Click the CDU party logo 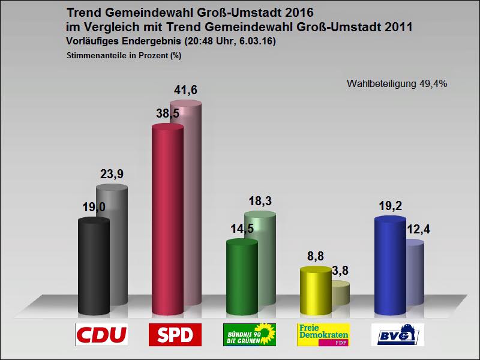coord(101,335)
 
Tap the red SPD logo coord(175,335)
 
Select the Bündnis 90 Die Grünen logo coord(249,335)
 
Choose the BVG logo coord(398,335)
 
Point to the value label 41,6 coord(185,91)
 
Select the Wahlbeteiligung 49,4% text coord(397,83)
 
